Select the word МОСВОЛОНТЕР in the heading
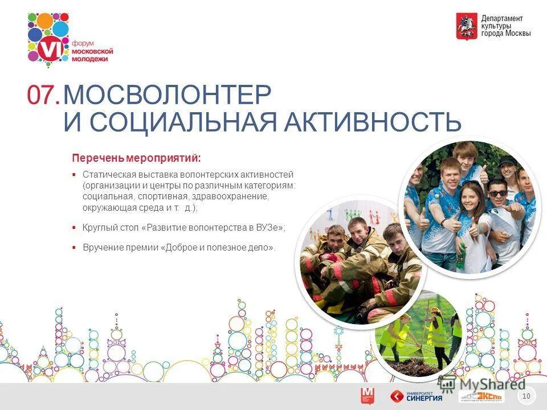pyautogui.click(x=167, y=95)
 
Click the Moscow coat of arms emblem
pyautogui.click(x=466, y=26)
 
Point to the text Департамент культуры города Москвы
pyautogui.click(x=506, y=26)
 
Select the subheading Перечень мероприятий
pyautogui.click(x=136, y=157)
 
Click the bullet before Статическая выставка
pyautogui.click(x=74, y=175)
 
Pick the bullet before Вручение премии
pyautogui.click(x=74, y=248)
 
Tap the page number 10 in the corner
pyautogui.click(x=526, y=396)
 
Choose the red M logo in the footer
pyautogui.click(x=368, y=396)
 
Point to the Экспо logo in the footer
pyautogui.click(x=481, y=397)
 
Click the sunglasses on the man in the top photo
pyautogui.click(x=497, y=193)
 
